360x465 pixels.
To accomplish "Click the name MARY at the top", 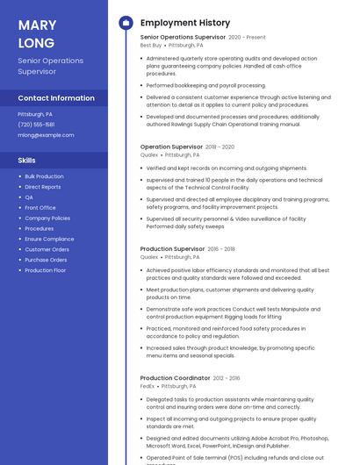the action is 37,25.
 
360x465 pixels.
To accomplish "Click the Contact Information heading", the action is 56,98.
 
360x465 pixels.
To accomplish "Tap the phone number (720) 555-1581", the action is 36,125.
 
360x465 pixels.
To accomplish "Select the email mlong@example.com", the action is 46,135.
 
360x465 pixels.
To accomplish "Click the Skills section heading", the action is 27,161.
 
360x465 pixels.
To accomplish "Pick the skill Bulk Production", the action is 44,176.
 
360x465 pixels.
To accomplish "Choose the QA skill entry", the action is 29,197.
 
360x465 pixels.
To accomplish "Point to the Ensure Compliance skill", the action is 49,239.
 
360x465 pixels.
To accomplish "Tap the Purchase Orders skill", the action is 46,260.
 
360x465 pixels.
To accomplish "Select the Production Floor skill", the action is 46,270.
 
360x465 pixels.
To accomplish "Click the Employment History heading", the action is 185,23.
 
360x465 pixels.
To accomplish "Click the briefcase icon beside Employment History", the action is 126,23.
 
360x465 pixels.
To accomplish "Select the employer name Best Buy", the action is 151,46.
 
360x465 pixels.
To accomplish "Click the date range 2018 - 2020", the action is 220,147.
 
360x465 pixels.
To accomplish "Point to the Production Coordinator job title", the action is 176,378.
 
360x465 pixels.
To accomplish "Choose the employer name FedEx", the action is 148,386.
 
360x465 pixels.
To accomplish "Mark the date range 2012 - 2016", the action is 227,378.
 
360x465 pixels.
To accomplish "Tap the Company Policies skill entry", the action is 47,218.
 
